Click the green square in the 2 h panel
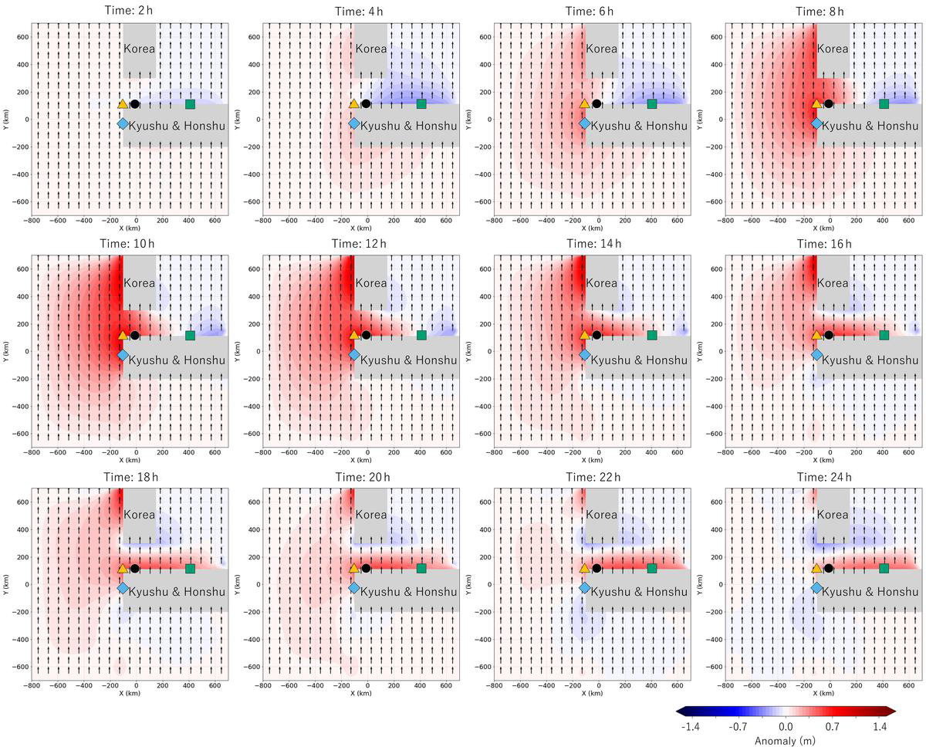pos(190,104)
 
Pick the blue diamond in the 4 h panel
pos(353,123)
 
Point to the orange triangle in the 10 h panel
pos(123,335)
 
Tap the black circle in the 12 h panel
pos(366,335)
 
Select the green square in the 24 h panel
pos(884,568)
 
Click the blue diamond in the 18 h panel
pos(123,588)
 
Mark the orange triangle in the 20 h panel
pos(353,568)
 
